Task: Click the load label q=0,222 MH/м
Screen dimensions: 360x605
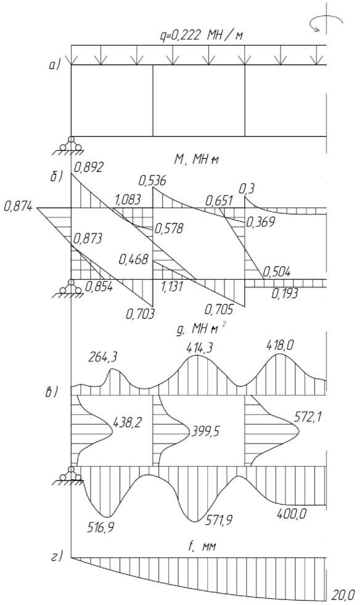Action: [x=203, y=36]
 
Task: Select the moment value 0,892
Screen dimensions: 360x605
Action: [x=89, y=168]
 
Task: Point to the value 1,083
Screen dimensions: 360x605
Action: [x=127, y=200]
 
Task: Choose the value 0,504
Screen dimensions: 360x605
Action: [x=276, y=272]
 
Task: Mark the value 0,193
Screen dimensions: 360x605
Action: [x=285, y=294]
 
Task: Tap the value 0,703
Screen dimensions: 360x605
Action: [x=140, y=314]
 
